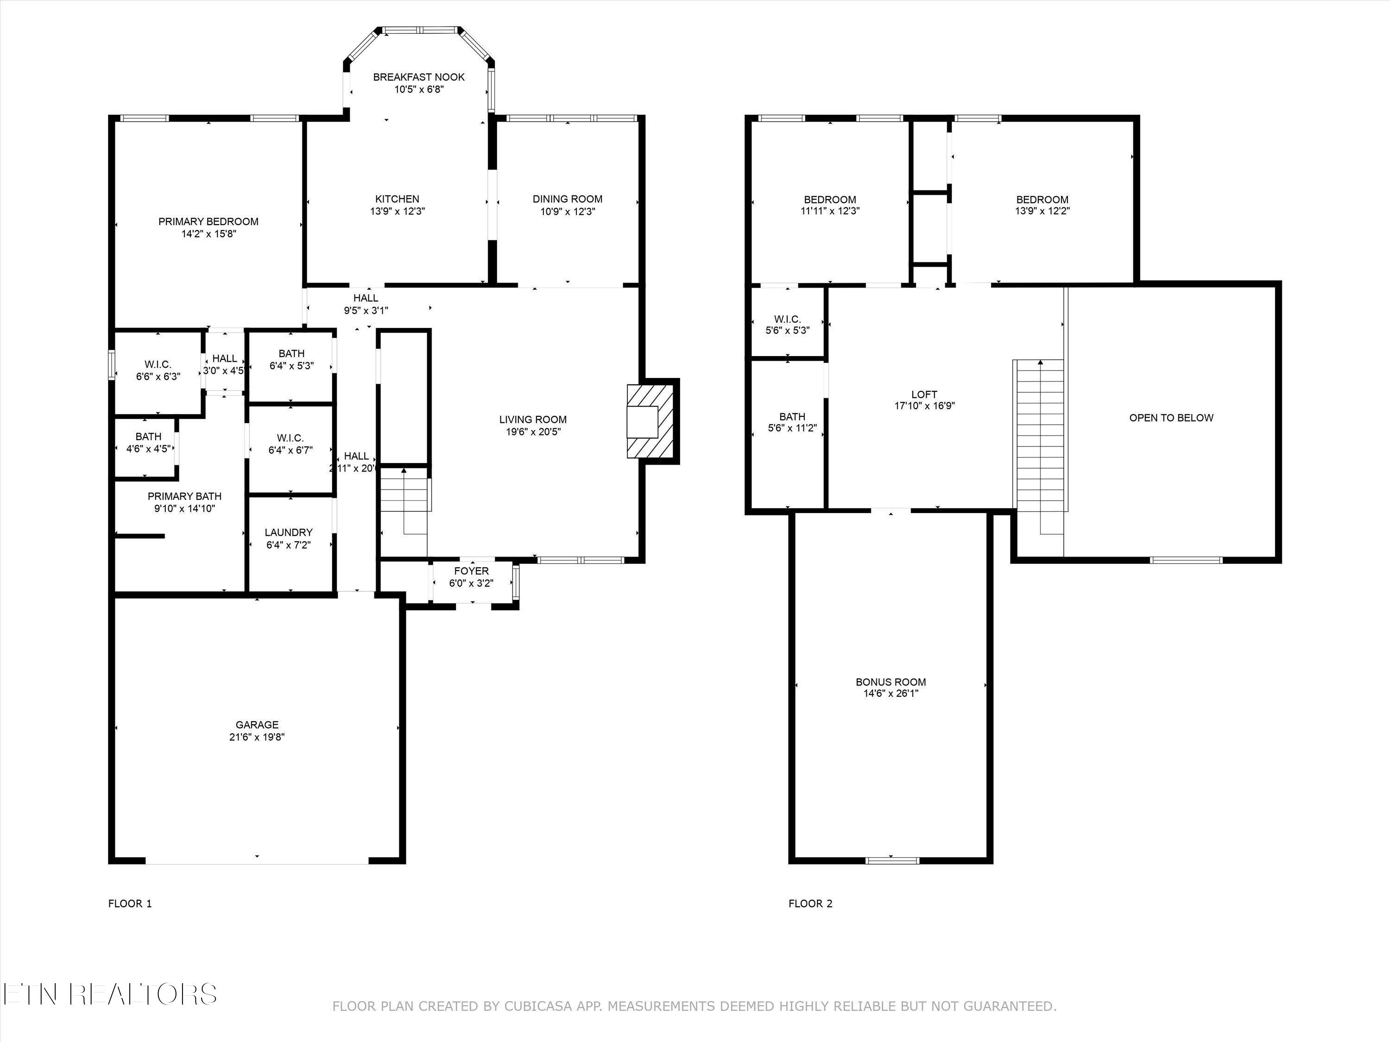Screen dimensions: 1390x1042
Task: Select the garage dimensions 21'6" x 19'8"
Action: click(x=257, y=737)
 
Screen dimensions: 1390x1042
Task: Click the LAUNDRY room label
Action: click(x=289, y=533)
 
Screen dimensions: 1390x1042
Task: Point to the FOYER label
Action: click(x=471, y=571)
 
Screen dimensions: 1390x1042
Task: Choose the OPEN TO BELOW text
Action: click(x=1171, y=418)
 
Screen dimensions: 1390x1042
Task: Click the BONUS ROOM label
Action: click(x=891, y=682)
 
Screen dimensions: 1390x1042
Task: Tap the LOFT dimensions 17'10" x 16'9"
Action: click(x=924, y=406)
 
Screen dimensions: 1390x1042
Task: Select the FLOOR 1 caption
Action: click(x=130, y=904)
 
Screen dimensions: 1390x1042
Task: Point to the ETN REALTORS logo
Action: click(x=109, y=994)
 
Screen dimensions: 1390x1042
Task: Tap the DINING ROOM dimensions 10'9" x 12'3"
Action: click(x=568, y=212)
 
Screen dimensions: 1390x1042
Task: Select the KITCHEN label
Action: click(x=397, y=199)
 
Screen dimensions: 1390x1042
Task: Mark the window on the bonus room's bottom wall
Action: click(x=892, y=860)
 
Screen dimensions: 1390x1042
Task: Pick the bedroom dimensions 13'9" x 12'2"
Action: click(x=1042, y=212)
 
